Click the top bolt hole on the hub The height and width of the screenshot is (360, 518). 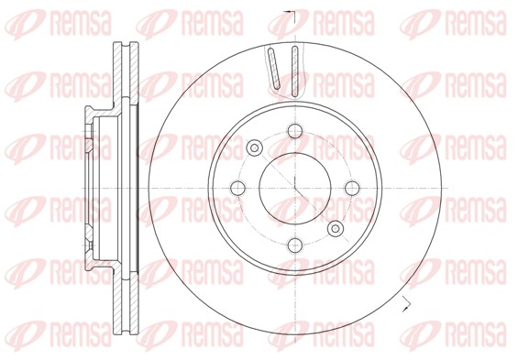294,132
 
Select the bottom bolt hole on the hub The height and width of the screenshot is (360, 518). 294,244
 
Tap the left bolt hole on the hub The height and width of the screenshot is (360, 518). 238,188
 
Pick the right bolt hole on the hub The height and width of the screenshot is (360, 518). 350,188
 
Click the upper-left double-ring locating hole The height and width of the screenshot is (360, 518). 254,147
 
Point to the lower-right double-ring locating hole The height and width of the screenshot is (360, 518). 335,228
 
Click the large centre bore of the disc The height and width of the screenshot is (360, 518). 294,188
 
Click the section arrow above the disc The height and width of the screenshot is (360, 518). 291,14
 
